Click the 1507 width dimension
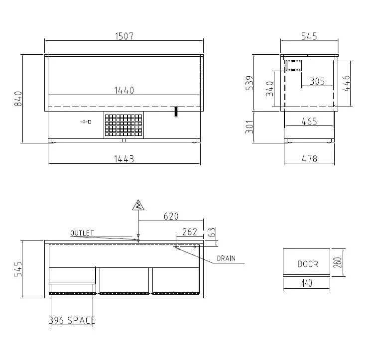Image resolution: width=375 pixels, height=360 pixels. (x=124, y=36)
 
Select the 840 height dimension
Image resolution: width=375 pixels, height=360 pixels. (x=18, y=99)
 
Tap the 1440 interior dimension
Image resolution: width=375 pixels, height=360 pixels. (x=124, y=90)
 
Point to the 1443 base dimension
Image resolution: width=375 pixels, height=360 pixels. (x=124, y=159)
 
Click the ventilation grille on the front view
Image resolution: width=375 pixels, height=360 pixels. (x=124, y=125)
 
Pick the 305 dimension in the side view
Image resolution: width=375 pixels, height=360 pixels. (x=317, y=81)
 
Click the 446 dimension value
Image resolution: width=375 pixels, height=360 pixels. (x=346, y=84)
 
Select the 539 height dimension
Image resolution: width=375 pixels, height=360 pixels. (x=250, y=83)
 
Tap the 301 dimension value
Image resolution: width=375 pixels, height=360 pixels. (x=250, y=127)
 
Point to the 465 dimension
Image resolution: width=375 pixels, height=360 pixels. (x=309, y=121)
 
